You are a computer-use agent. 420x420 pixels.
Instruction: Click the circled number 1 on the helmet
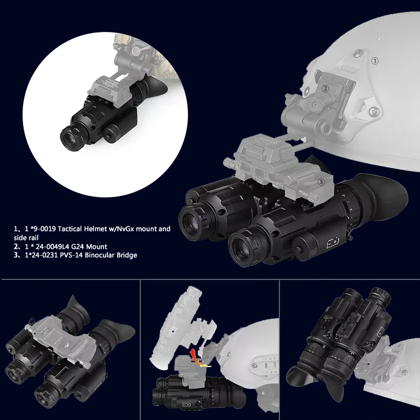(x=374, y=61)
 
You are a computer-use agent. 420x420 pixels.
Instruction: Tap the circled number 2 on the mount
(x=325, y=89)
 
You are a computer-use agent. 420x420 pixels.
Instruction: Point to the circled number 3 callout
(x=321, y=182)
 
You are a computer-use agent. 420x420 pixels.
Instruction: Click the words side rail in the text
(x=26, y=237)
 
